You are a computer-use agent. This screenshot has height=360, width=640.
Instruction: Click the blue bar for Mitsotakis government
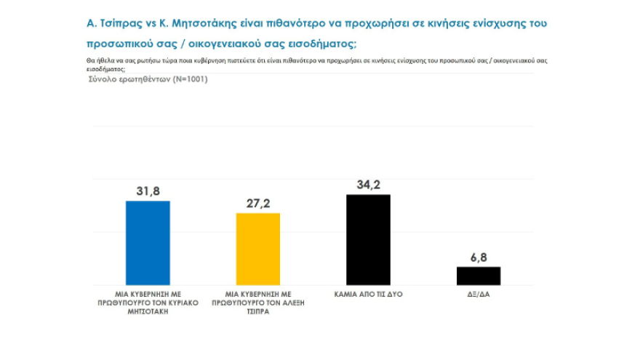click(148, 243)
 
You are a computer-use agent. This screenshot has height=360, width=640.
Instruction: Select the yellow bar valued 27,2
click(257, 249)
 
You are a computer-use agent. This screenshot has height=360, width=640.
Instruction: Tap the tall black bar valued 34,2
click(368, 239)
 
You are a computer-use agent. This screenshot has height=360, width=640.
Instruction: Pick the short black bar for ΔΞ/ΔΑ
click(478, 276)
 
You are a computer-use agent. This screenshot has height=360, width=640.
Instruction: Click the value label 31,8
click(148, 191)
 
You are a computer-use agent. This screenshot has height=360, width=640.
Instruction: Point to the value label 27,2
click(257, 203)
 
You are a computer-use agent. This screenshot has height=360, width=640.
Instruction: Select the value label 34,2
click(368, 185)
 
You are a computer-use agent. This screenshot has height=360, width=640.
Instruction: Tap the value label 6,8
click(478, 257)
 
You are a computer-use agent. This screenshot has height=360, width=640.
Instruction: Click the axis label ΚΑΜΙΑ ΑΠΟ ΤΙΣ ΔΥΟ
click(368, 295)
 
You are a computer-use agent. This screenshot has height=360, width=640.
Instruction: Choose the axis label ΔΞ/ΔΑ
click(478, 295)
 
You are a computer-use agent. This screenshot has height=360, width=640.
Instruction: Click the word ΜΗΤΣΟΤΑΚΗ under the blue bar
click(148, 311)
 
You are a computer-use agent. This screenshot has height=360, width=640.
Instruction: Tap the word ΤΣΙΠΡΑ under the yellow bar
click(258, 311)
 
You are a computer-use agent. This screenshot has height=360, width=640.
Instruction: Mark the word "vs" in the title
click(151, 23)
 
